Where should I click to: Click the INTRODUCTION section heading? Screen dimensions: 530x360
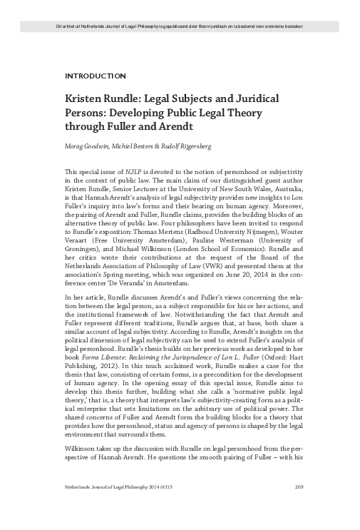point(95,75)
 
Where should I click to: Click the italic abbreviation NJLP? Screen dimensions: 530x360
point(128,173)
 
